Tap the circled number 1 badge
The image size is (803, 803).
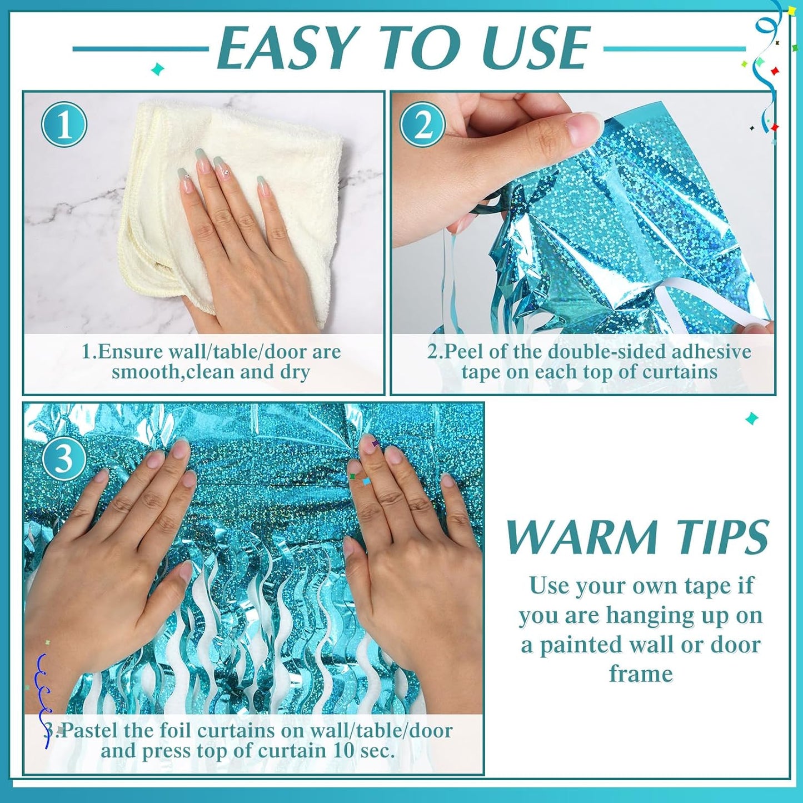(64, 124)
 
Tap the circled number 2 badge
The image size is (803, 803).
(423, 124)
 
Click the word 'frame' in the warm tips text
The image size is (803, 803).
(641, 674)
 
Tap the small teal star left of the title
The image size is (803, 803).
(158, 69)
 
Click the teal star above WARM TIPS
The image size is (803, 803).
(752, 418)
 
